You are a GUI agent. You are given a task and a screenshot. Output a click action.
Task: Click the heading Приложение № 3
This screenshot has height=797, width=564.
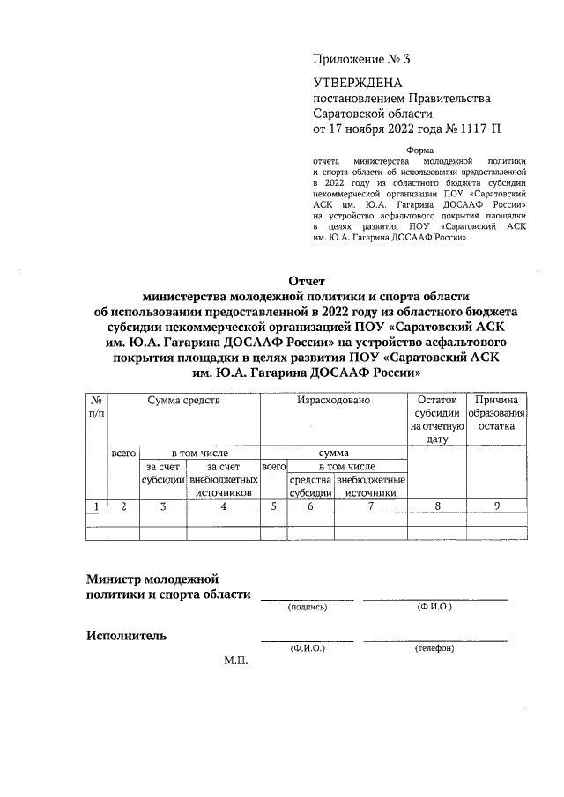click(361, 60)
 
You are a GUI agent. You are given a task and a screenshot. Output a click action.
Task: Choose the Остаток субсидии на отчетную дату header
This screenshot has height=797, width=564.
click(438, 418)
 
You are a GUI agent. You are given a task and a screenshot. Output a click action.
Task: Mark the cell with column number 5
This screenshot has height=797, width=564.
click(274, 506)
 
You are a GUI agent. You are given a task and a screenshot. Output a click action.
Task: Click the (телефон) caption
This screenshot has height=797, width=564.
click(434, 648)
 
